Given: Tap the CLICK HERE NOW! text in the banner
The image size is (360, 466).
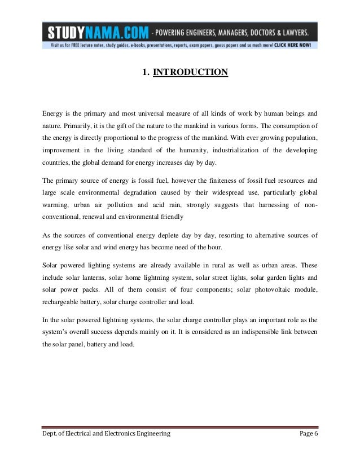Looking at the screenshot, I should click(x=295, y=44).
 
